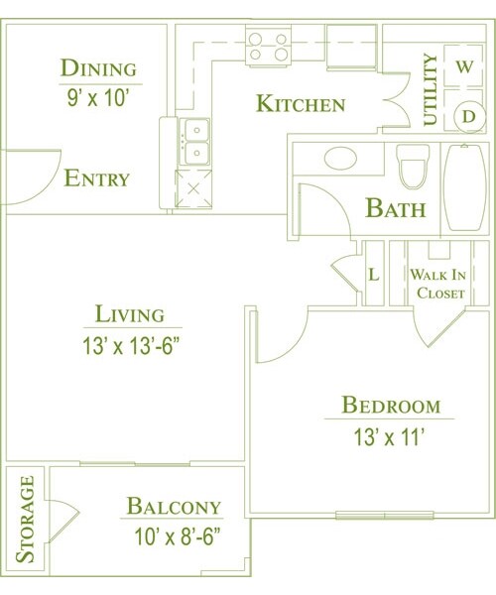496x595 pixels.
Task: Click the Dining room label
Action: click(97, 68)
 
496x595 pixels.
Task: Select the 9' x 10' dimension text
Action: click(97, 98)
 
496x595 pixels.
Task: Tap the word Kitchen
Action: click(301, 104)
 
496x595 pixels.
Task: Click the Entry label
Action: click(97, 178)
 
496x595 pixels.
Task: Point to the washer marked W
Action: click(464, 67)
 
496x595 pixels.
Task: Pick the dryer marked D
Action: click(465, 116)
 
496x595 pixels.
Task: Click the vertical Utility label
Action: click(431, 90)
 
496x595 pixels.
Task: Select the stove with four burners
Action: click(268, 46)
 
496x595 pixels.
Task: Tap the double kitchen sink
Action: click(194, 142)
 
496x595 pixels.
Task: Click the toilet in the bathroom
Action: click(413, 165)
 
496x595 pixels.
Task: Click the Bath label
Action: click(396, 209)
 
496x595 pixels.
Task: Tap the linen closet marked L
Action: click(374, 274)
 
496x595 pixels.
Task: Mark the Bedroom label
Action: click(390, 405)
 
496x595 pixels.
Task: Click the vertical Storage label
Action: click(27, 520)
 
